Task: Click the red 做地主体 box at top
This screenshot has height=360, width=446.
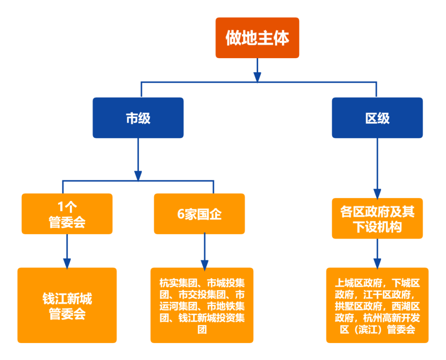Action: coord(257,38)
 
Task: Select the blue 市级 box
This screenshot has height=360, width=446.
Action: coord(138,118)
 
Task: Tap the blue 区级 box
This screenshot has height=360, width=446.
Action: coord(377,118)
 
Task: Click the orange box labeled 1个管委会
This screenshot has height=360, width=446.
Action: coord(67,214)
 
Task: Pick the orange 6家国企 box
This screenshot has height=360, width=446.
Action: coord(199,214)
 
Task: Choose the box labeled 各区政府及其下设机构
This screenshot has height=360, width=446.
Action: coord(377,218)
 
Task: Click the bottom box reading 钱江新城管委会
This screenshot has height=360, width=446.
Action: coord(67,306)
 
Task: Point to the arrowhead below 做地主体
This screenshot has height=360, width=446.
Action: coord(257,77)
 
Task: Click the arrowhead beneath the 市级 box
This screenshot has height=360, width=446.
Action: coord(138,175)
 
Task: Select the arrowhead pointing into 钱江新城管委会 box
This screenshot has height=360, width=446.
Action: coord(67,263)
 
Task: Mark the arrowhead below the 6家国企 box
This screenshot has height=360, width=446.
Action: coord(204,264)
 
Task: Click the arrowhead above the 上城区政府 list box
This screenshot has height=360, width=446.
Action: coord(377,263)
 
